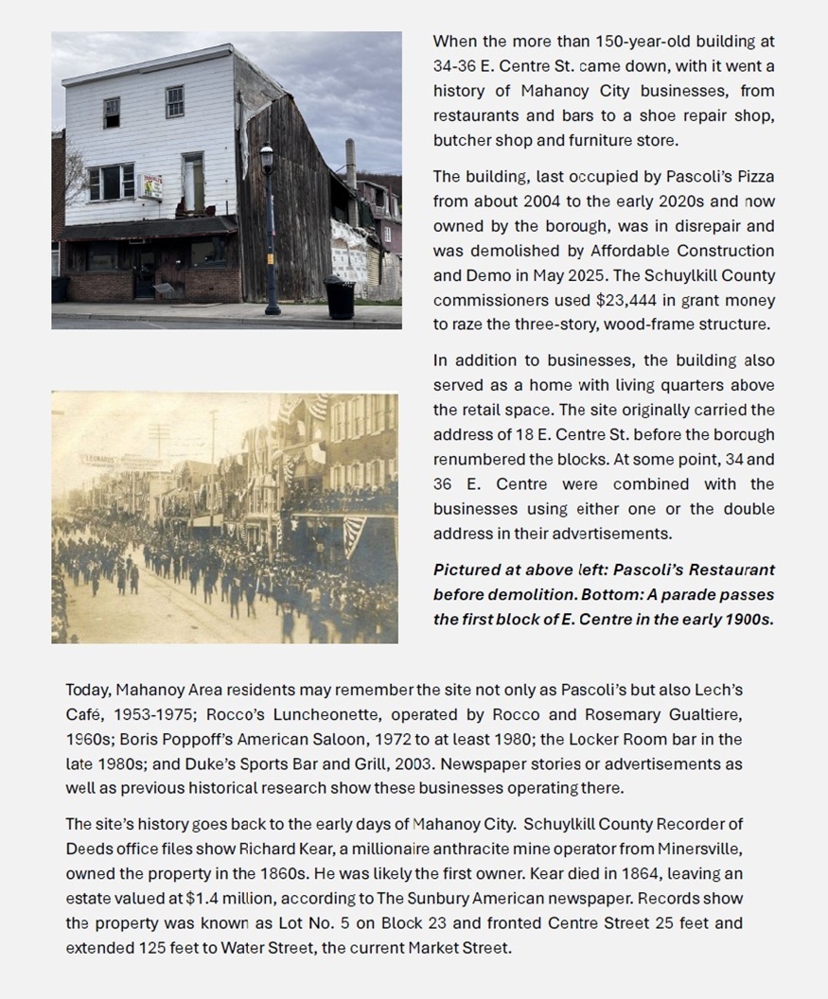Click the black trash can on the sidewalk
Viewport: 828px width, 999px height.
(340, 298)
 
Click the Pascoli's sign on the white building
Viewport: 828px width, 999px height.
(151, 186)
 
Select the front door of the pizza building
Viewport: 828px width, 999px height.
(145, 272)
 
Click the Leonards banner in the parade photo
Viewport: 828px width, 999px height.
(98, 460)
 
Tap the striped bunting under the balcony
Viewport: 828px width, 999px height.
(353, 535)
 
